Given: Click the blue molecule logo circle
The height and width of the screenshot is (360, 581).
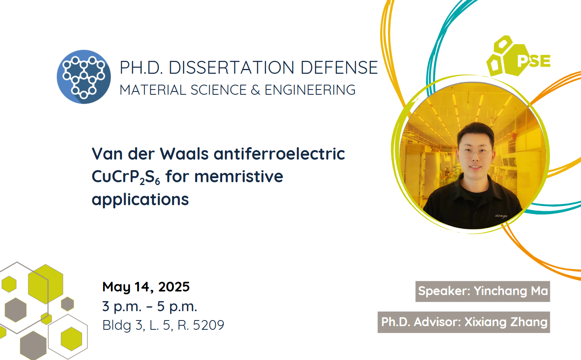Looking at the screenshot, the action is tap(84, 77).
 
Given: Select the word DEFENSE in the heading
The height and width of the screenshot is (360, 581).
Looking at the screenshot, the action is tap(339, 68).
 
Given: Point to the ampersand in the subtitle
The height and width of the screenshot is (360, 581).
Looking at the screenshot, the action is tap(256, 90).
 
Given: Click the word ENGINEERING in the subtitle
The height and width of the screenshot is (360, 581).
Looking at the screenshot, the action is tap(310, 90).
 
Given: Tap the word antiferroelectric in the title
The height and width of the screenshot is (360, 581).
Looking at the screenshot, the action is tap(279, 154).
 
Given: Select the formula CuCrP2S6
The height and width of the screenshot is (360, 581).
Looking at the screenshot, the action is tap(126, 177).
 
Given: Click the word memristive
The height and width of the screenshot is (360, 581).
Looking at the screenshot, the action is tap(239, 176).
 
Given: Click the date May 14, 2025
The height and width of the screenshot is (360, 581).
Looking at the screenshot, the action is tap(146, 287).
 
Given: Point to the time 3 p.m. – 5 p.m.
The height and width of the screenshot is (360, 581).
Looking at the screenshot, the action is tap(150, 306).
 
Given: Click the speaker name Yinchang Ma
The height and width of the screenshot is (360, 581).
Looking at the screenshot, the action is tap(511, 291).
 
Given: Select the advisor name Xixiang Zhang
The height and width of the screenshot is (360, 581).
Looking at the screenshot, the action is tap(506, 322).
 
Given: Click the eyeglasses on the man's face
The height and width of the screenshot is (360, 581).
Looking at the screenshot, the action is tap(476, 152).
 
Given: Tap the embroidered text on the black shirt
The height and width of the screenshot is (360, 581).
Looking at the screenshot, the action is tap(501, 216).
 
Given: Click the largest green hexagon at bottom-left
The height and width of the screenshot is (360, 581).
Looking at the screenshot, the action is tap(46, 284).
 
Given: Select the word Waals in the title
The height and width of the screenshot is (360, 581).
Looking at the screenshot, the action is tap(184, 154).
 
